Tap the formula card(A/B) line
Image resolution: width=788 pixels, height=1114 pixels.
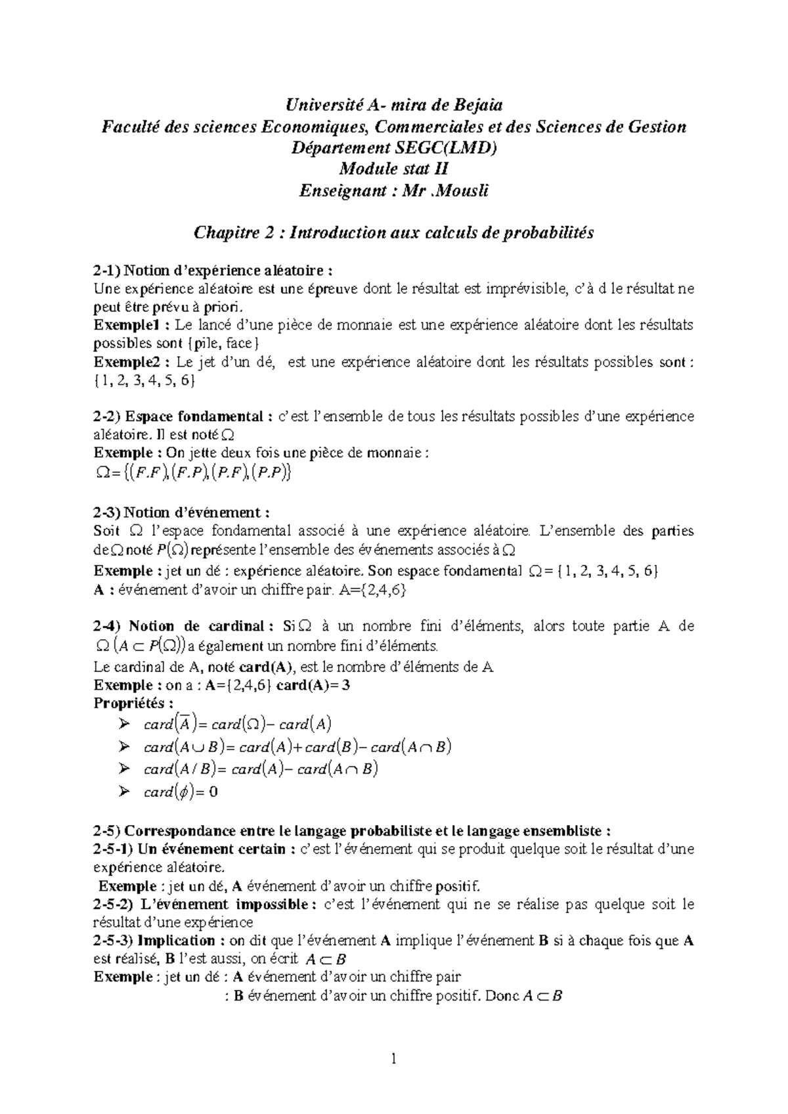click(x=261, y=769)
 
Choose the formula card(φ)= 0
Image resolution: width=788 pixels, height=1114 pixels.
click(x=181, y=792)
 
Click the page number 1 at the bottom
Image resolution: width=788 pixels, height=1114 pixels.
click(x=394, y=1058)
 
